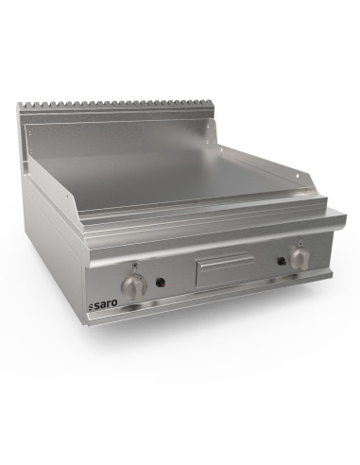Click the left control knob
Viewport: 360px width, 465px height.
134,286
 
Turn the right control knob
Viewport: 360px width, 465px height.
300,258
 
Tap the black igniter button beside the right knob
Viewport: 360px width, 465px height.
282,261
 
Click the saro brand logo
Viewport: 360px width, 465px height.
102,303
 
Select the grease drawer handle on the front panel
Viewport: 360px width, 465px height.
226,261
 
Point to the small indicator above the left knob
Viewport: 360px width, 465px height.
135,266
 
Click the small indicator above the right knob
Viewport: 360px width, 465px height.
300,241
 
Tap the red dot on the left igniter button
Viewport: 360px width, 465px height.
163,284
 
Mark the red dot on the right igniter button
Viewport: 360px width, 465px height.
283,262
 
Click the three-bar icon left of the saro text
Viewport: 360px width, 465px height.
91,305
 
